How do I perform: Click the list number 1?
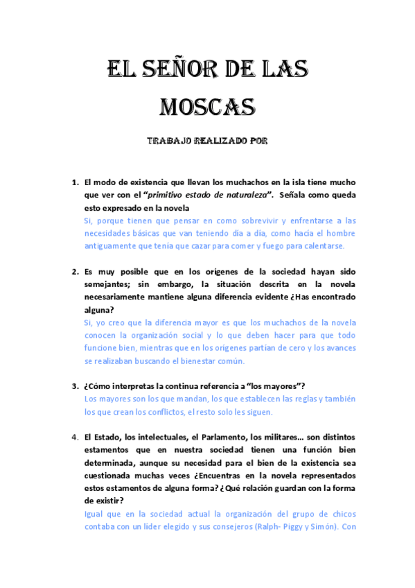pyautogui.click(x=76, y=183)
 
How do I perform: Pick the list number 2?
pyautogui.click(x=76, y=272)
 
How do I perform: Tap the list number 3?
pyautogui.click(x=76, y=386)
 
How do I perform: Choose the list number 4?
pyautogui.click(x=76, y=437)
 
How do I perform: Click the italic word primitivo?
pyautogui.click(x=154, y=196)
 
